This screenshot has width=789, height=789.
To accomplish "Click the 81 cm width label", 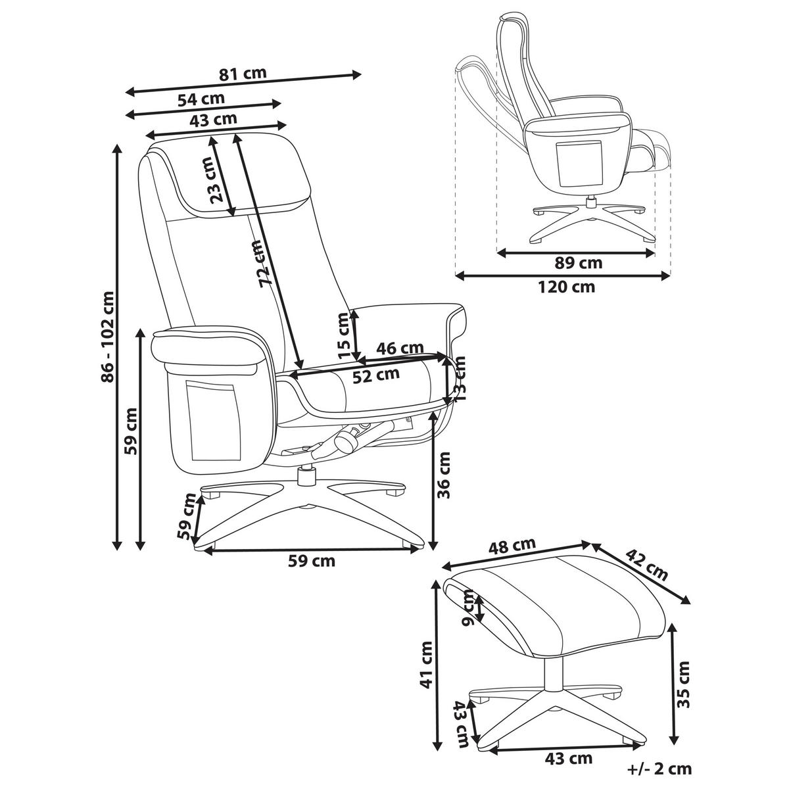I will coord(243,73).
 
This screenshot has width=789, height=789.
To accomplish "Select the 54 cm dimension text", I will coord(201,99).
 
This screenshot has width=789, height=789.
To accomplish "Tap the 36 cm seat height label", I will coord(445,475).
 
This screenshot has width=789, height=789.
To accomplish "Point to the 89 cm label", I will coord(579,264).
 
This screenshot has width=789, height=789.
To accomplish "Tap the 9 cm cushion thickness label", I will coord(468,608).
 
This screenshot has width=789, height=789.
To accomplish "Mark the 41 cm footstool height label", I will coord(428,664).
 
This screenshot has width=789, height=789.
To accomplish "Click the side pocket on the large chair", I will coord(212,421).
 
